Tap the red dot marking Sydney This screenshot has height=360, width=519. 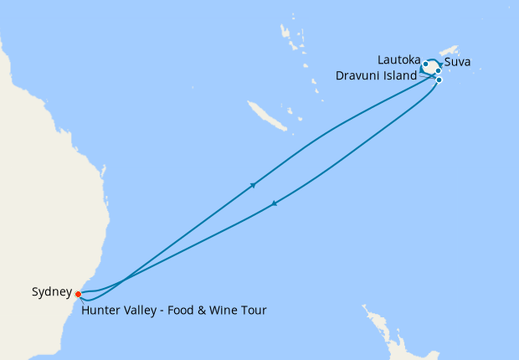click(x=78, y=294)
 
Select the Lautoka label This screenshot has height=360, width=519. click(x=398, y=59)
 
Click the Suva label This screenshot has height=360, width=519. click(x=459, y=62)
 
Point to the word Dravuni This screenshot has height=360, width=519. click(x=357, y=75)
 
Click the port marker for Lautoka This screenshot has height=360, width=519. click(x=426, y=64)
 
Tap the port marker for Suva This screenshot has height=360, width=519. click(x=439, y=71)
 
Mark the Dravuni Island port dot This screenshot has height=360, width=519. click(x=439, y=80)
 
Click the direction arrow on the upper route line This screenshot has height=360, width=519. click(x=253, y=185)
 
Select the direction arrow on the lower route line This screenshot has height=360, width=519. click(x=274, y=203)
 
